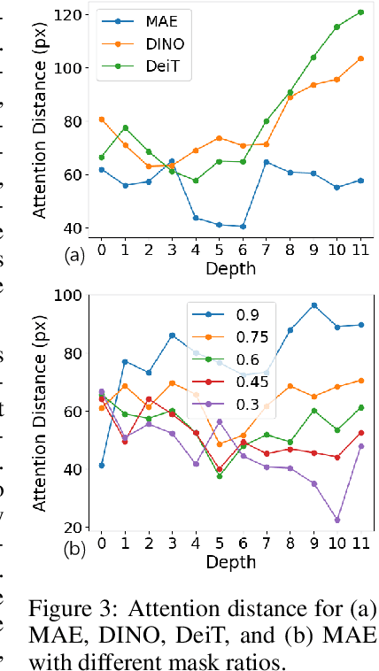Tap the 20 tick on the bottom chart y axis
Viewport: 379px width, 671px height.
[x=77, y=527]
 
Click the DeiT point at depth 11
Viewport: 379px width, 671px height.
[x=360, y=12]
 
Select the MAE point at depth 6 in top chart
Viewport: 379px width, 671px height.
[x=243, y=227]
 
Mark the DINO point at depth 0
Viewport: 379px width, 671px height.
[x=101, y=119]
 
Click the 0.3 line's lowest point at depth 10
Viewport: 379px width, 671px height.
[x=336, y=520]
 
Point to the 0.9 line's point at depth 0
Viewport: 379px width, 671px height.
[x=101, y=465]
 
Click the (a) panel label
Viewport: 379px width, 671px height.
[x=75, y=256]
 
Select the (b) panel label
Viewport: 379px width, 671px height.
[x=75, y=549]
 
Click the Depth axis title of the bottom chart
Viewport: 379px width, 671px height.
[x=230, y=563]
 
